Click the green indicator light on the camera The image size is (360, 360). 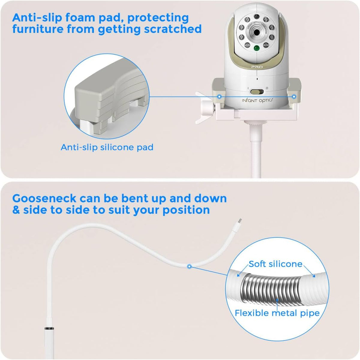click(257, 48)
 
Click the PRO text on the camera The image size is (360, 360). click(257, 67)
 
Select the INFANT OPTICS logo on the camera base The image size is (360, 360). click(257, 100)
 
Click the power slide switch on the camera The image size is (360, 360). click(257, 92)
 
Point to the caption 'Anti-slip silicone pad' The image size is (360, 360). click(107, 147)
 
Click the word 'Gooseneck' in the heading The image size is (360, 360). click(44, 198)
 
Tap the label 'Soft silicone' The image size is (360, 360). click(275, 264)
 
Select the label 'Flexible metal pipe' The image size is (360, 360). click(277, 313)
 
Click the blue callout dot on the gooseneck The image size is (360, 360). click(189, 266)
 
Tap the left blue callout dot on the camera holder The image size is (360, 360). click(220, 97)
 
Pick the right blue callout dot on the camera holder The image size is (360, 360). click(294, 97)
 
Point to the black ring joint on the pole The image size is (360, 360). click(49, 328)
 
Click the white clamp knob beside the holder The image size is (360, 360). click(208, 108)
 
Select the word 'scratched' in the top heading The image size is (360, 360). click(173, 29)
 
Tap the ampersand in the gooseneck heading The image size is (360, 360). click(16, 210)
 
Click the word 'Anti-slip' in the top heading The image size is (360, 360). click(37, 18)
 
